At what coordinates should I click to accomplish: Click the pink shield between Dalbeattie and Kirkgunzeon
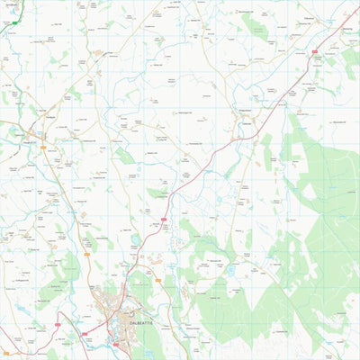165,219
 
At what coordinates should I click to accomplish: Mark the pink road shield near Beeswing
314,52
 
